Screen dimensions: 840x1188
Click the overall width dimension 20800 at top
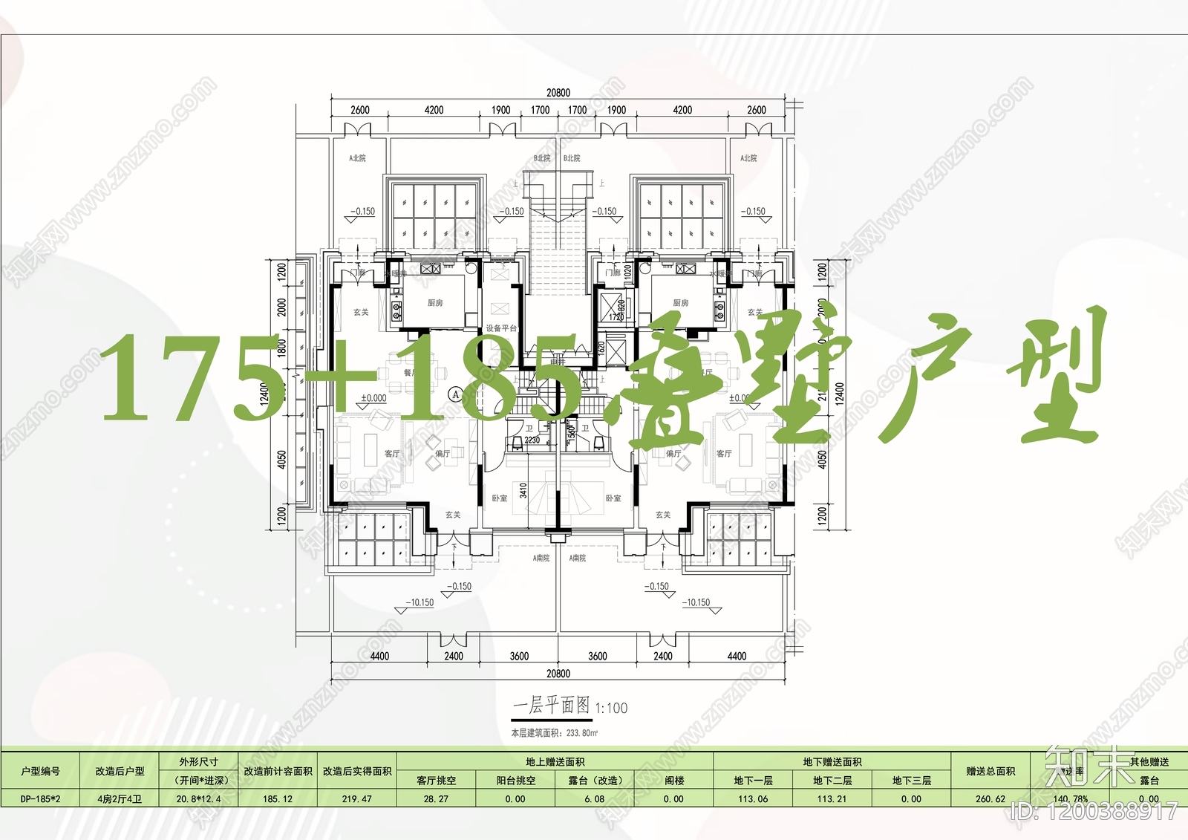(x=558, y=93)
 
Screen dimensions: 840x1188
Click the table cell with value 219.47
(x=356, y=799)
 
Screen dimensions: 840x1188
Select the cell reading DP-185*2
(x=40, y=799)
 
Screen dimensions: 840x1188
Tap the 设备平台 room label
(x=500, y=328)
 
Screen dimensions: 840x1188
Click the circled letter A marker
(x=456, y=394)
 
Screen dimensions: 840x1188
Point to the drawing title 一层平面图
(x=551, y=706)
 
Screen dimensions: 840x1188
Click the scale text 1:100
(x=611, y=709)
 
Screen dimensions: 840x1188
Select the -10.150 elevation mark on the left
(x=421, y=602)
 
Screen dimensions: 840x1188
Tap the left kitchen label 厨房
(x=435, y=303)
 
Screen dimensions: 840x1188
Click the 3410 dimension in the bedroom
(x=523, y=490)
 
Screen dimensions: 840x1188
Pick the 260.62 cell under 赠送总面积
(x=990, y=799)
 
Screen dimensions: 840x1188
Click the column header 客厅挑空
(x=436, y=781)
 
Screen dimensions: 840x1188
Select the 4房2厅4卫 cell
(x=119, y=799)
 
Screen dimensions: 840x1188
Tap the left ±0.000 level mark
(x=373, y=398)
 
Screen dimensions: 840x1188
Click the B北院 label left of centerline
(x=542, y=158)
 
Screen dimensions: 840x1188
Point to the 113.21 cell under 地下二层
(x=832, y=799)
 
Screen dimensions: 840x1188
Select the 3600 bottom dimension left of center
(x=519, y=656)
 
